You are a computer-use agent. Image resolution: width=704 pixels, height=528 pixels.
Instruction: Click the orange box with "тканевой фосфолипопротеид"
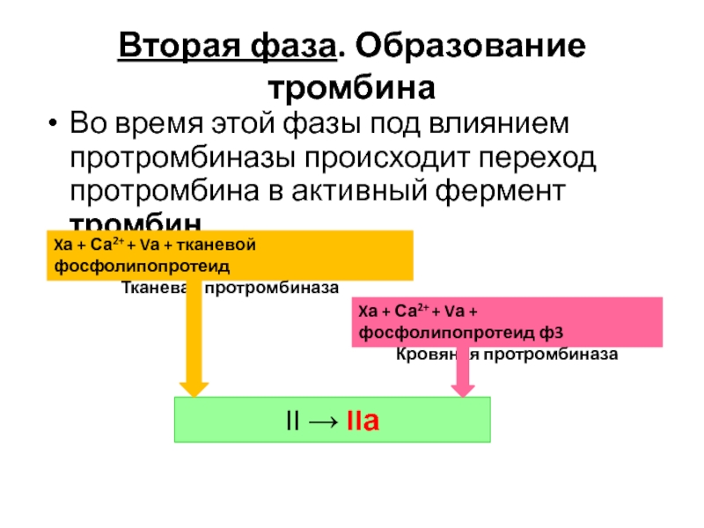pos(229,254)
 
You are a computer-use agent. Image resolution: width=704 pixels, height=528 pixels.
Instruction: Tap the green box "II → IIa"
pos(332,420)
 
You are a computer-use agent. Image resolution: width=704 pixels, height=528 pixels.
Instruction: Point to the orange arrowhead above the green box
pos(193,387)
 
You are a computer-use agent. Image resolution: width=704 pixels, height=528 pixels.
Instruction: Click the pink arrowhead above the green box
pos(463,387)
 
